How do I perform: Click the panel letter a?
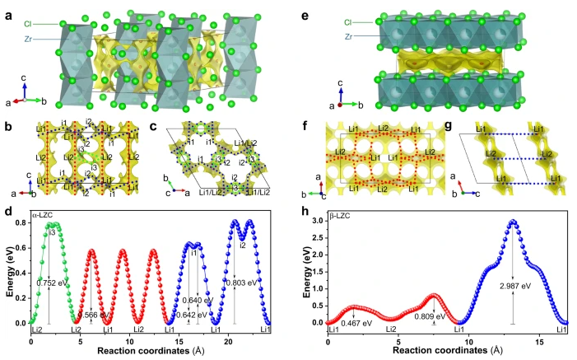(8, 12)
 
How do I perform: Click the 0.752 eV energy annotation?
(52, 282)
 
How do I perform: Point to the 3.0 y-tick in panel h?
(317, 222)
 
